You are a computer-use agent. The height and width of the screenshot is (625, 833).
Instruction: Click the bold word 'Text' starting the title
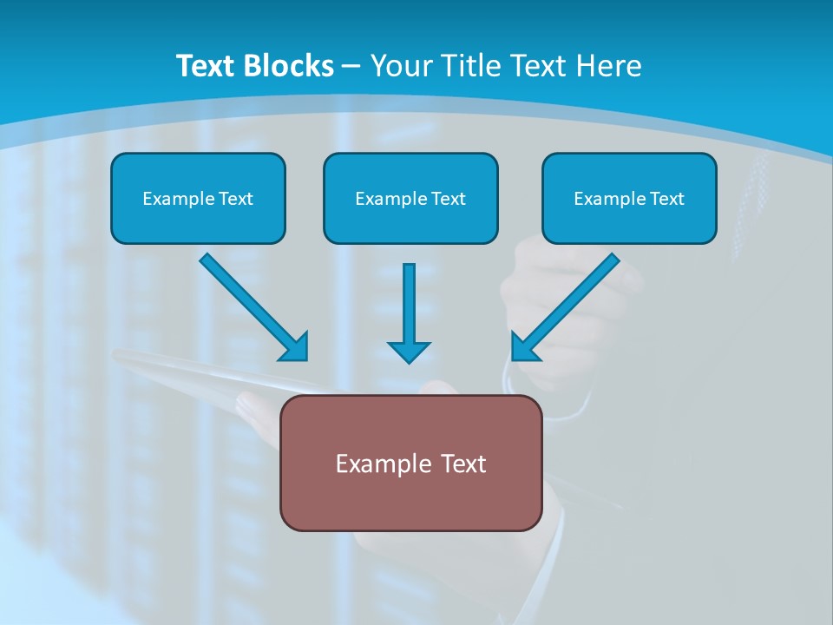208,66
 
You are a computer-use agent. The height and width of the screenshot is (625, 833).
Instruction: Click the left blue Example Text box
198,198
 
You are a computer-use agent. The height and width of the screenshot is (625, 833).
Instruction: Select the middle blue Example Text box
410,198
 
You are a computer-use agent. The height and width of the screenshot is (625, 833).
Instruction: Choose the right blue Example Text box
629,198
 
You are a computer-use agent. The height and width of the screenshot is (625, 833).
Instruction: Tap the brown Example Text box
410,463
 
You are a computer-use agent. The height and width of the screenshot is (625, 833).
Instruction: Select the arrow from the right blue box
568,304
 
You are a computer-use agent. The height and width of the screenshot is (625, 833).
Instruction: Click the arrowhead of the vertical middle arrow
409,352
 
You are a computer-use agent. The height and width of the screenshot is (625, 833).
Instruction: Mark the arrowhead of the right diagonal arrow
524,346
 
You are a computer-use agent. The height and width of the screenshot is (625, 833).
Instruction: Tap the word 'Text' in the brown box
462,464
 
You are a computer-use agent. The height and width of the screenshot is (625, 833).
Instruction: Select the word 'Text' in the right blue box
666,199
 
